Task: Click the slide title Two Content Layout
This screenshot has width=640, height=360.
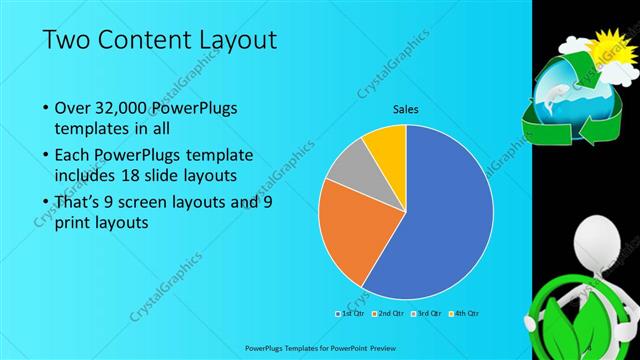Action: (x=160, y=40)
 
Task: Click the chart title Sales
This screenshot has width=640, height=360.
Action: (x=405, y=109)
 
